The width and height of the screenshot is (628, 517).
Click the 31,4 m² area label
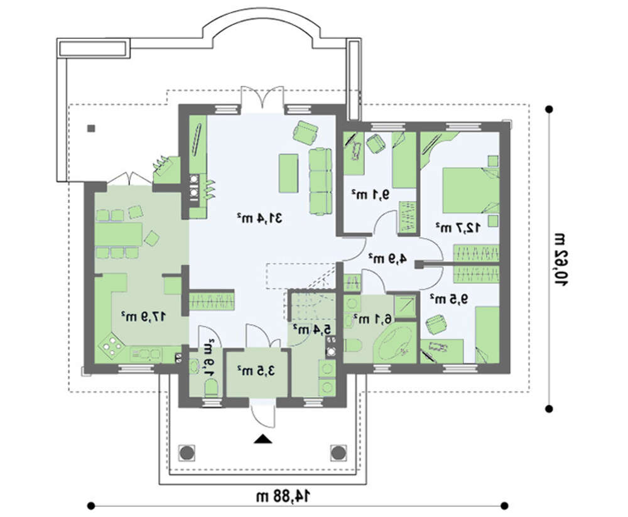point(259,218)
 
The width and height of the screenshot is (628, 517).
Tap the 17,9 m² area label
point(143,317)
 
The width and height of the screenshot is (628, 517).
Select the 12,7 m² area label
point(458,227)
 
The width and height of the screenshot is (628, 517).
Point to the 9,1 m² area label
point(371,195)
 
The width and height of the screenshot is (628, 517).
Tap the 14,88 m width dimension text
point(283,496)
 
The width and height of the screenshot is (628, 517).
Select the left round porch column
point(187,452)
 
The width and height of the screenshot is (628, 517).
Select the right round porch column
point(338,452)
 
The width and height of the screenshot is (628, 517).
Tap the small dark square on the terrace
point(91,129)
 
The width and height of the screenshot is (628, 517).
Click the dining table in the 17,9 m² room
point(119,234)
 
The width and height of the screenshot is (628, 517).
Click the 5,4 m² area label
point(312,329)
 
